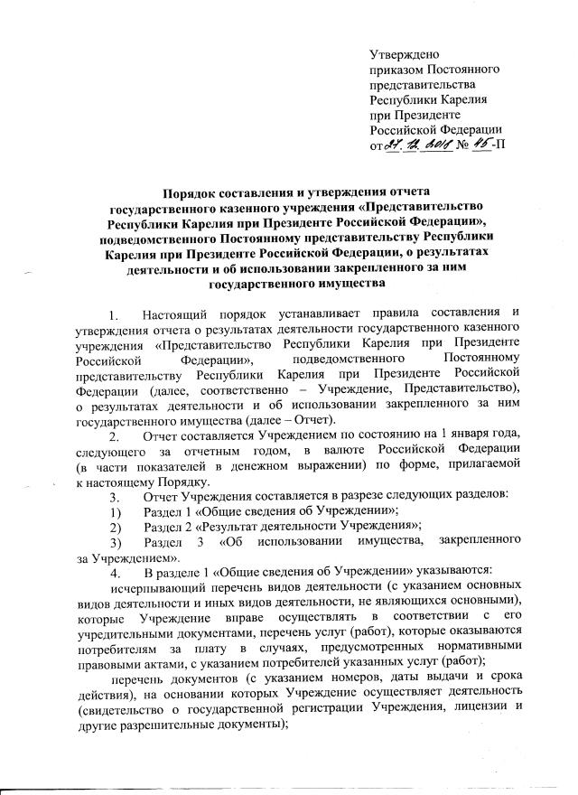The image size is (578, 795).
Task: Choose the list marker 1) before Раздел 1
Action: pos(113,510)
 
